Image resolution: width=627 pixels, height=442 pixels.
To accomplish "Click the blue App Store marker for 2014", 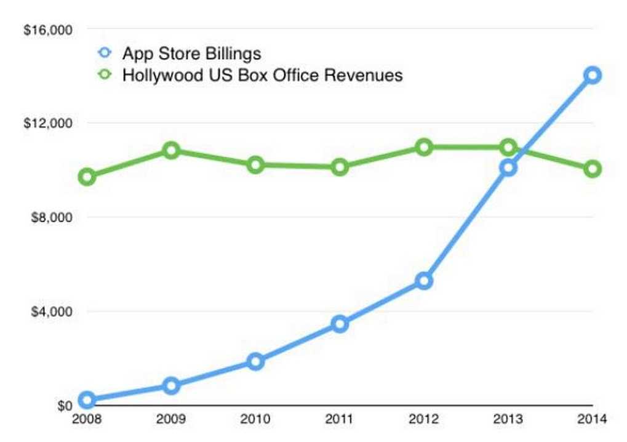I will click(x=593, y=75).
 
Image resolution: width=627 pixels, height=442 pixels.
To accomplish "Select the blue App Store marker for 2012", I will click(x=423, y=281).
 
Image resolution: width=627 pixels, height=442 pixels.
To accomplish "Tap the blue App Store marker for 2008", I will click(x=87, y=400).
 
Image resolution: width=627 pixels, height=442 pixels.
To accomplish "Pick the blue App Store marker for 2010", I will click(x=255, y=361).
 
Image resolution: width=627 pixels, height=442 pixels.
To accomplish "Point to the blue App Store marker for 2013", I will click(x=508, y=167).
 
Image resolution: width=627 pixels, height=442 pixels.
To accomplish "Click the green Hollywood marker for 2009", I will click(x=171, y=150).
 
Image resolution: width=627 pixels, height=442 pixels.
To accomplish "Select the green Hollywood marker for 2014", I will click(x=593, y=169).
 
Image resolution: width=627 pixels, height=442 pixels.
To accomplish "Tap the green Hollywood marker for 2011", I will click(x=340, y=167).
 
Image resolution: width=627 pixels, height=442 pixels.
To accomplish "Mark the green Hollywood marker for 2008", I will click(x=87, y=177).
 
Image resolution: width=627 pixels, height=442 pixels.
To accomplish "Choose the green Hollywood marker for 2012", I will click(x=423, y=147).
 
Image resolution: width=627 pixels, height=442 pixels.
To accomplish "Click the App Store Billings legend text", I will click(x=191, y=54).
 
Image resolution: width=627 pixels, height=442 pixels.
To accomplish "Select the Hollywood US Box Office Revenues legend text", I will click(x=262, y=75).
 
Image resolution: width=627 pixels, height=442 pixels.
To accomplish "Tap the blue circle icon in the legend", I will click(x=105, y=54).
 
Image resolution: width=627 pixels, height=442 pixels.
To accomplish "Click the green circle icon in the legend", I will click(x=105, y=75).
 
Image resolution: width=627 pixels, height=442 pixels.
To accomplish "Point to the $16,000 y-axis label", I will click(x=48, y=30).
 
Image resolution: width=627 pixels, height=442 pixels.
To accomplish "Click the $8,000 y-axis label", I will click(x=51, y=217).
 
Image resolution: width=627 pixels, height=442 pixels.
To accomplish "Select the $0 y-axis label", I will click(x=64, y=406).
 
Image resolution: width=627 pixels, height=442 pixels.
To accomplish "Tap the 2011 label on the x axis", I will click(x=340, y=420).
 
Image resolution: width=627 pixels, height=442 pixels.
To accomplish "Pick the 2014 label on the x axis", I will click(x=593, y=420).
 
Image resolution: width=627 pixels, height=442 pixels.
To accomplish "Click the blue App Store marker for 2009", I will click(x=171, y=386).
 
